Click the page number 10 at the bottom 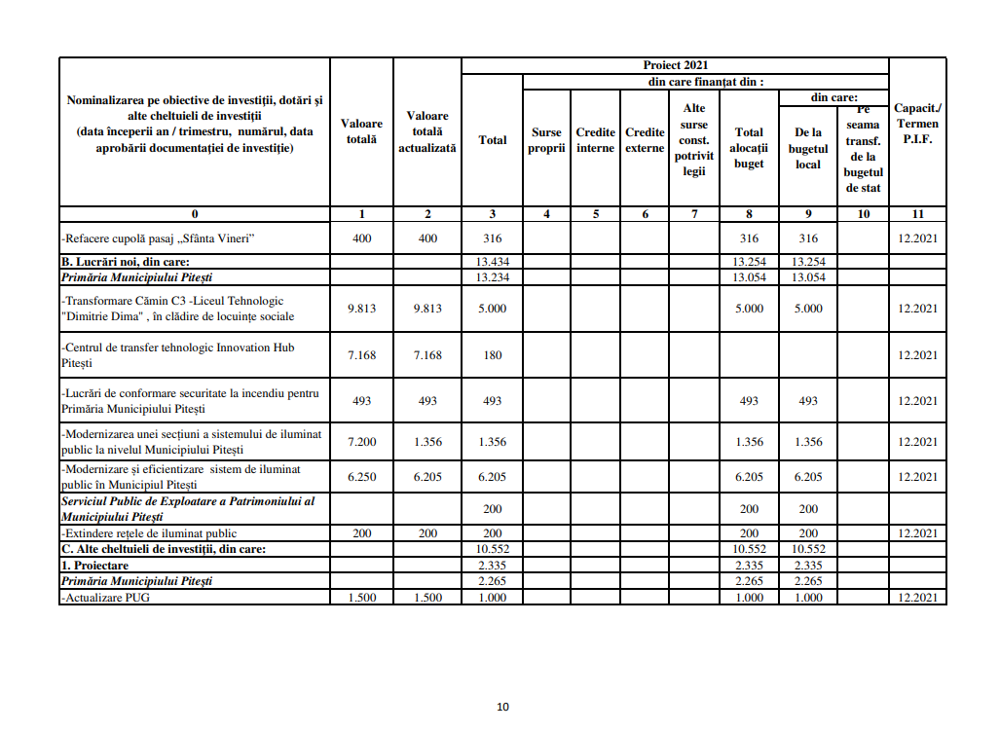point(502,707)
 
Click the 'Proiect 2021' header point(675,65)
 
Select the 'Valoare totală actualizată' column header point(427,131)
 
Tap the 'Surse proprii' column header point(546,140)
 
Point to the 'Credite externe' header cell point(645,140)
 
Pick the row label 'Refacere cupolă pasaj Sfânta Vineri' point(161,238)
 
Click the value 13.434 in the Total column point(493,262)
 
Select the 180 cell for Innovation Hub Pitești point(493,355)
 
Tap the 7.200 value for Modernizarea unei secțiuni point(361,442)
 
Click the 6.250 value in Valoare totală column point(361,477)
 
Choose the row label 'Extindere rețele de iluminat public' point(149,533)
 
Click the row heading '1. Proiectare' point(94,566)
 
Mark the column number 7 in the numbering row point(694,214)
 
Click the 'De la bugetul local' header point(808,148)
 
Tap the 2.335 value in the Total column point(493,566)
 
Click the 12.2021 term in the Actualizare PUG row point(917,598)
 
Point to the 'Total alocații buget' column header point(749,148)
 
